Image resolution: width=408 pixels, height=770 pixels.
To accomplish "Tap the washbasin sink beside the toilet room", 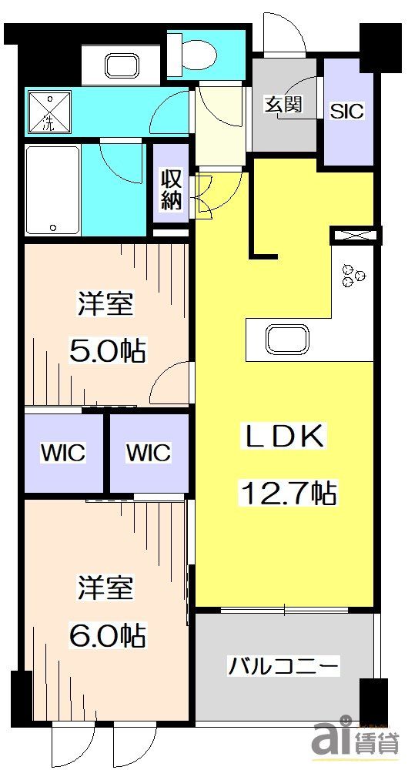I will click(120, 65).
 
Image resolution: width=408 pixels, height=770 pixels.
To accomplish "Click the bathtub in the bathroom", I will click(52, 189).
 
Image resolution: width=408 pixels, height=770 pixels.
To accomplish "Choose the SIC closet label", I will click(346, 110).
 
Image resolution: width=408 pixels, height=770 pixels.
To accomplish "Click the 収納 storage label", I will click(171, 189).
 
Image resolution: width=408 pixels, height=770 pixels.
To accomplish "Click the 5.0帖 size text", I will click(109, 353).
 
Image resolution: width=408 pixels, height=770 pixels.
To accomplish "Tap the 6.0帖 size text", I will click(109, 636).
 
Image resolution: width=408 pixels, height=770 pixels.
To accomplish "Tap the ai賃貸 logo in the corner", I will click(354, 741).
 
